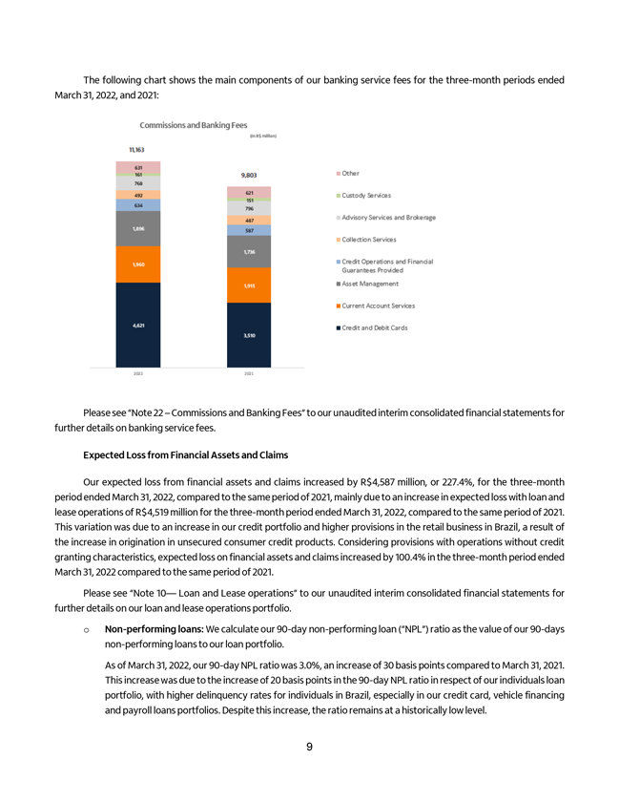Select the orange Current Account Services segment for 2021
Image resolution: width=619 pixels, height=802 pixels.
coord(249,285)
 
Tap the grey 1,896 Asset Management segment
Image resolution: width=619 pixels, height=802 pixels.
coord(137,229)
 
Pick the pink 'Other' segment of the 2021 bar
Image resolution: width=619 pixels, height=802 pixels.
coord(249,192)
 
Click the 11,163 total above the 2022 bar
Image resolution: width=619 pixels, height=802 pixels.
coord(137,150)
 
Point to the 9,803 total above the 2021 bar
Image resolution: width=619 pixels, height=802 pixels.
coord(248,176)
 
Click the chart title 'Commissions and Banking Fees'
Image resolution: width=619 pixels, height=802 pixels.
coord(194,125)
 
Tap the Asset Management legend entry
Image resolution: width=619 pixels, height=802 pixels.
coord(368,284)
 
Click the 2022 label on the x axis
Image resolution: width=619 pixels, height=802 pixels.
coord(137,374)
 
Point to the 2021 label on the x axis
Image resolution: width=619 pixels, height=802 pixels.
coord(249,374)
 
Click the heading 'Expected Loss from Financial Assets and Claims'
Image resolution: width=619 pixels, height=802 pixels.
coord(186,454)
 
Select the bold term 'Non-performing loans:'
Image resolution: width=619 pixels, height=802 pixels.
coord(151,630)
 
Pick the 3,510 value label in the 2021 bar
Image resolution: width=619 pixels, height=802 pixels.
coord(249,335)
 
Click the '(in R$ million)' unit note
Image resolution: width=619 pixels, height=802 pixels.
coord(263,137)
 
